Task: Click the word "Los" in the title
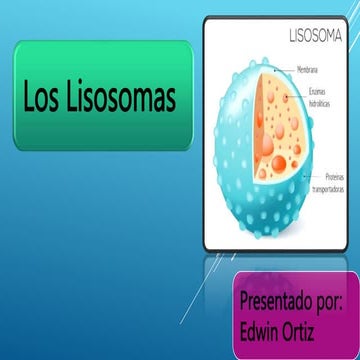46,97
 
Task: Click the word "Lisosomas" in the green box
122,97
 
